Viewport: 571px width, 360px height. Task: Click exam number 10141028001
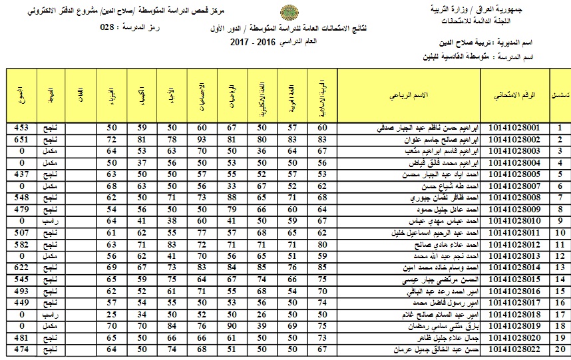pyautogui.click(x=518, y=128)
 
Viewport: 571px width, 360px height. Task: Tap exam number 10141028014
pyautogui.click(x=518, y=268)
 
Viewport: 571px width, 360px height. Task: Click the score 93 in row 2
pyautogui.click(x=202, y=139)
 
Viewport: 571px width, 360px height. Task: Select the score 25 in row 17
pyautogui.click(x=111, y=314)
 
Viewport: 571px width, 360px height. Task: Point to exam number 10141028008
pyautogui.click(x=518, y=198)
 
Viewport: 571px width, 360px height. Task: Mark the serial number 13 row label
pyautogui.click(x=560, y=256)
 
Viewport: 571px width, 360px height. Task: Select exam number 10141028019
pyautogui.click(x=518, y=326)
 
